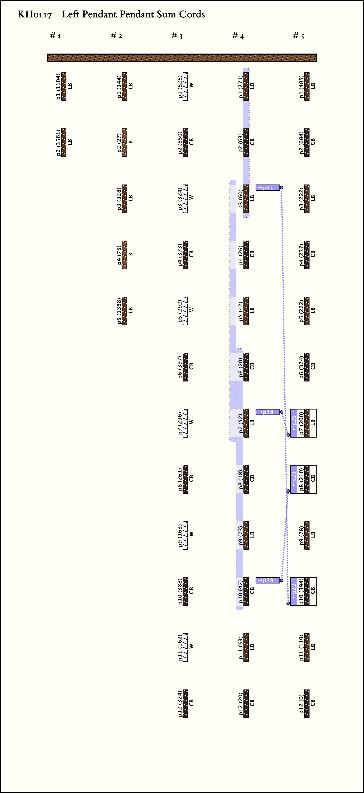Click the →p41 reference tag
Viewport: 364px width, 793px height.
[x=267, y=187]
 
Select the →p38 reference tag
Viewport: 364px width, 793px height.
[x=267, y=412]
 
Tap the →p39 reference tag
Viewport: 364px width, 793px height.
[x=267, y=580]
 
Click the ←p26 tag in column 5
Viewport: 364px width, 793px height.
[x=294, y=423]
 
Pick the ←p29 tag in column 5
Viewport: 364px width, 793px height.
[x=294, y=479]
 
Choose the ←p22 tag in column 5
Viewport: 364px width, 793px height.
[x=294, y=591]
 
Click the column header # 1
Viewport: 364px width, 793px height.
[x=55, y=36]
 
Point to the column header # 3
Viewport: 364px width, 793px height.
[x=177, y=36]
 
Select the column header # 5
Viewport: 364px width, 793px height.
[x=298, y=36]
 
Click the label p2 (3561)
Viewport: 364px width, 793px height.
[x=58, y=143]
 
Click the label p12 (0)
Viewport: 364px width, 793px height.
[x=302, y=704]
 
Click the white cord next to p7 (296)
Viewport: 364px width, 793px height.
[x=185, y=423]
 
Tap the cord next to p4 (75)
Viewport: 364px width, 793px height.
[x=124, y=255]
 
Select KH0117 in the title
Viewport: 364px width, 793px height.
[x=34, y=14]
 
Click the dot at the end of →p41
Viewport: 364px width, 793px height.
[x=282, y=187]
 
